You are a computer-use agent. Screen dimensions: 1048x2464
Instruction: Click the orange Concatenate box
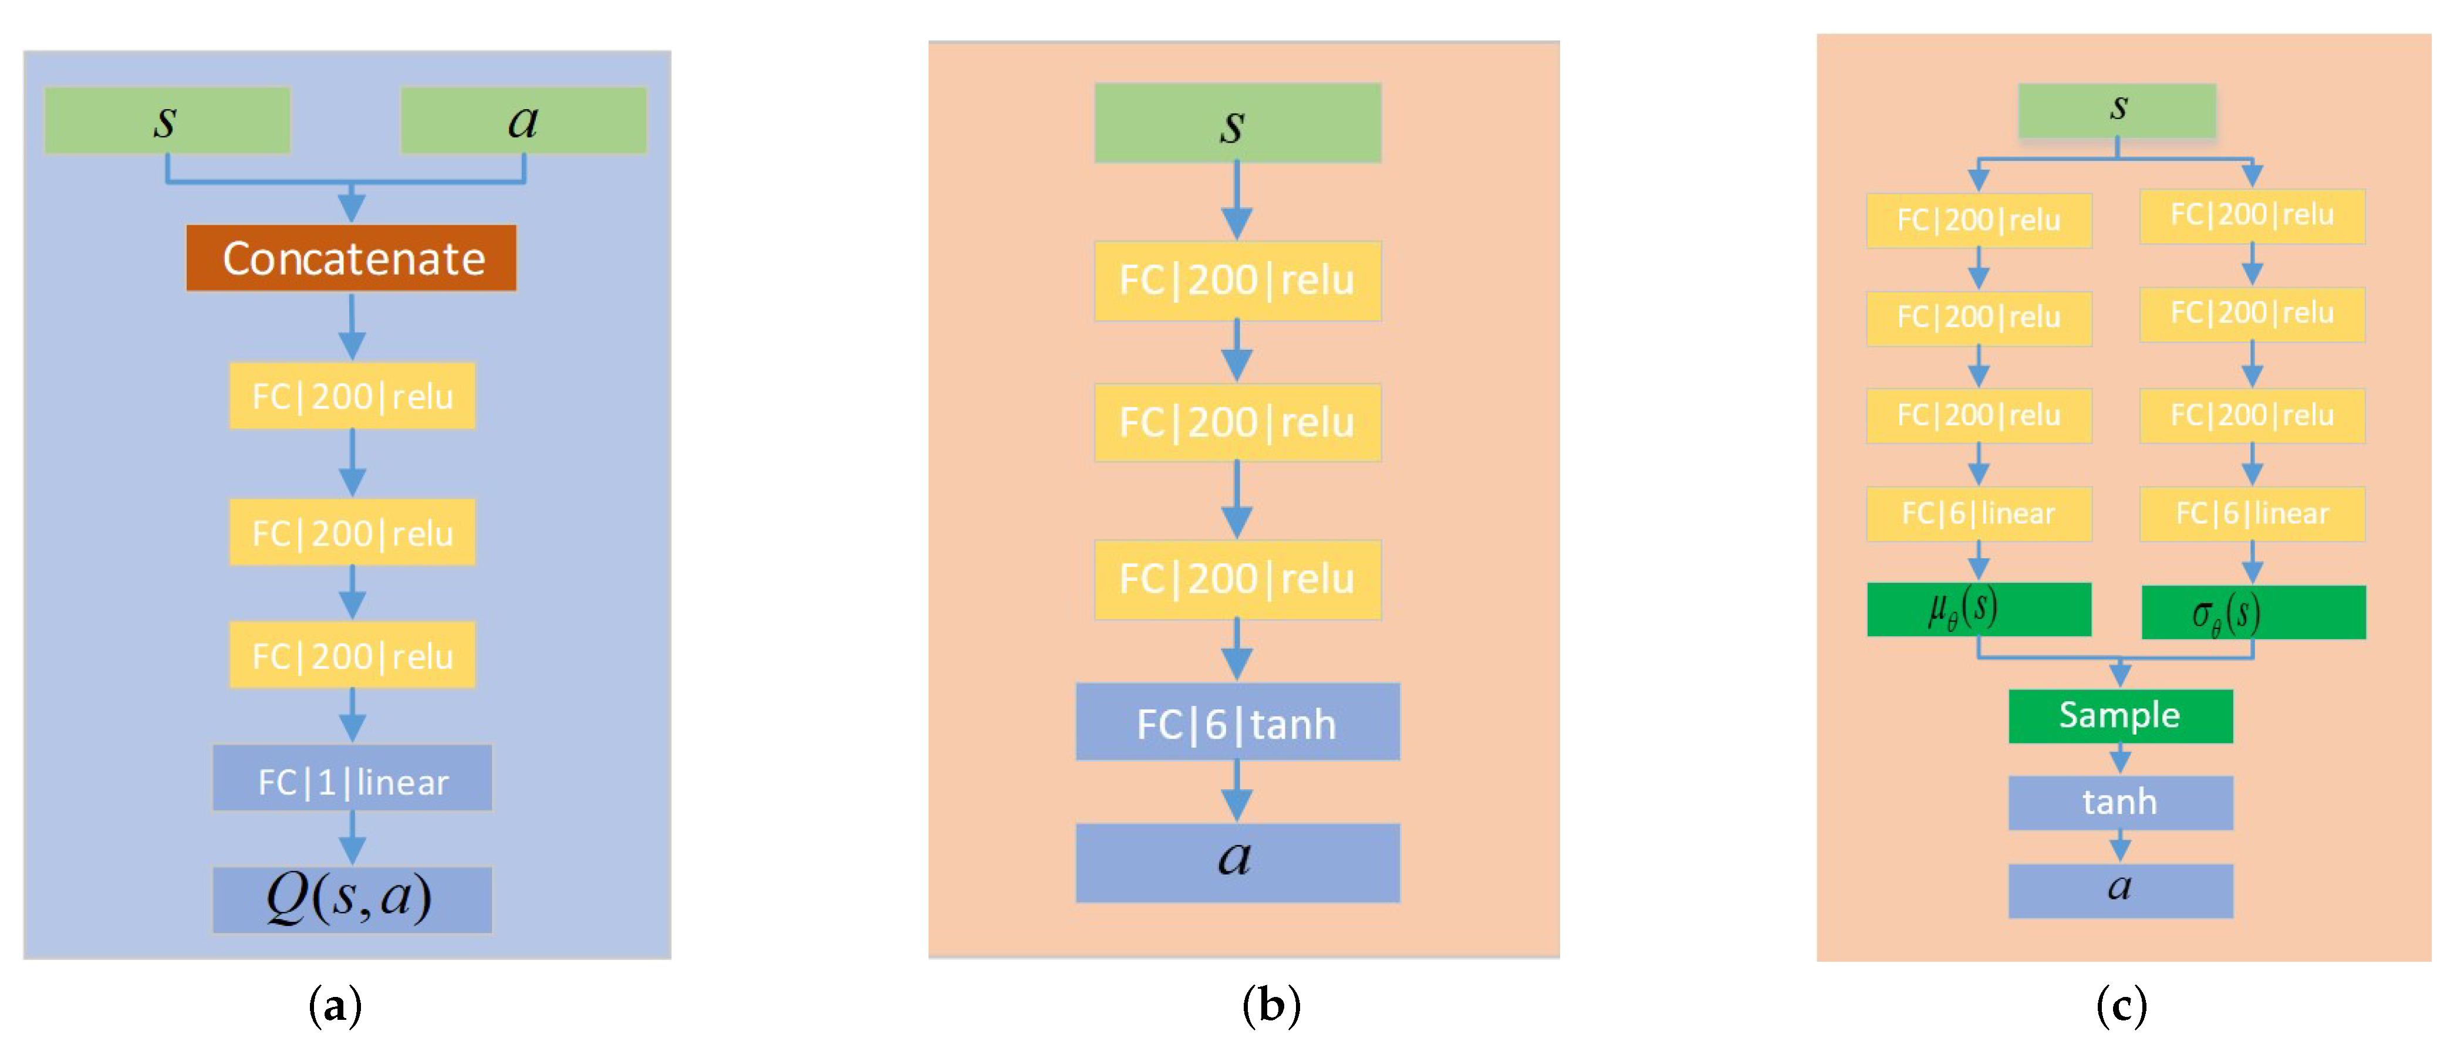pyautogui.click(x=351, y=258)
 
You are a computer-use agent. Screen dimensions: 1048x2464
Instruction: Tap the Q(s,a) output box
pyautogui.click(x=351, y=899)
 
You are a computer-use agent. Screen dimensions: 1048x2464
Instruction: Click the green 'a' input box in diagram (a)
pyautogui.click(x=523, y=120)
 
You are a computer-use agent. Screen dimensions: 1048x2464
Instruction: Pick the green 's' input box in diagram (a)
pyautogui.click(x=167, y=120)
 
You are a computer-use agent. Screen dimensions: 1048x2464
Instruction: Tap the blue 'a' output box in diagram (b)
pyautogui.click(x=1237, y=861)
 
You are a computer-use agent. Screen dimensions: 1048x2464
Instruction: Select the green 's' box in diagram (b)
pyautogui.click(x=1237, y=123)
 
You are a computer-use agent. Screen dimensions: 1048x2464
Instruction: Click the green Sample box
pyautogui.click(x=2119, y=715)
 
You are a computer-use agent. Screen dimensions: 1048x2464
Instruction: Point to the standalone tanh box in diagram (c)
pyautogui.click(x=2119, y=802)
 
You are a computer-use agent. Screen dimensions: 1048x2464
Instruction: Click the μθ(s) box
pyautogui.click(x=1978, y=609)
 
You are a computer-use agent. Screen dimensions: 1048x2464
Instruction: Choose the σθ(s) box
pyautogui.click(x=2253, y=612)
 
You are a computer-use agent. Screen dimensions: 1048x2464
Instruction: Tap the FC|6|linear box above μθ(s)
pyautogui.click(x=1978, y=513)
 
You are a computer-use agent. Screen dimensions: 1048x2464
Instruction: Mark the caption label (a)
pyautogui.click(x=335, y=1005)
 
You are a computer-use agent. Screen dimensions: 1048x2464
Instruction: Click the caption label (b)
pyautogui.click(x=1270, y=1005)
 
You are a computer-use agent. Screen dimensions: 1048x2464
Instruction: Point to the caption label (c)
pyautogui.click(x=2121, y=1005)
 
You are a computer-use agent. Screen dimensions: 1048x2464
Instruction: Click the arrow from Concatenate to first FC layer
pyautogui.click(x=352, y=326)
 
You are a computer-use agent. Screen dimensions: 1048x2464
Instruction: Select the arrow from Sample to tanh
pyautogui.click(x=2119, y=759)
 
